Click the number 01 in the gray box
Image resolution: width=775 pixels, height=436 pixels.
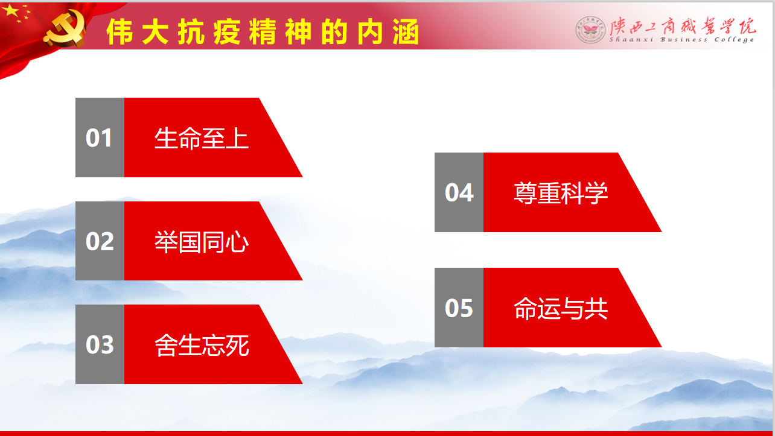[x=98, y=138]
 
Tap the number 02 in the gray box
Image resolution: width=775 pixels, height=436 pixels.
[x=100, y=241]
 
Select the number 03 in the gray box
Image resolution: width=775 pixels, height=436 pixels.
[x=100, y=344]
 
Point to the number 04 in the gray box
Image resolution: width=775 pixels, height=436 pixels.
[x=459, y=192]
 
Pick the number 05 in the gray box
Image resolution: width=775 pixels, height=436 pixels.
[x=459, y=308]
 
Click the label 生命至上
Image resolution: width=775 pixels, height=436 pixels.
[x=202, y=138]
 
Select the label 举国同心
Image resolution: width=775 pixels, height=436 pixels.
[x=202, y=242]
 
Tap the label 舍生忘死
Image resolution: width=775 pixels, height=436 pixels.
[x=202, y=345]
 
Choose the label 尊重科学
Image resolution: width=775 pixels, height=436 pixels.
[x=561, y=192]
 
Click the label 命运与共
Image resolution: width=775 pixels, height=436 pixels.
[x=561, y=308]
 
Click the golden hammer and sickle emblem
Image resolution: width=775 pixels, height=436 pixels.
[x=65, y=29]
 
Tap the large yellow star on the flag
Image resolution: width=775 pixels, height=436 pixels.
[x=11, y=10]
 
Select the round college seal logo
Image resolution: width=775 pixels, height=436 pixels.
[x=590, y=30]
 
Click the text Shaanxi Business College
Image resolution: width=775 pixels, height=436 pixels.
[x=681, y=39]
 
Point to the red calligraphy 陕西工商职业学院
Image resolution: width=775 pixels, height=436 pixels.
[x=683, y=25]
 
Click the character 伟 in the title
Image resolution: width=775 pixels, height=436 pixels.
[x=120, y=32]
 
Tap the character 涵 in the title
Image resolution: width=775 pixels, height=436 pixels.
[x=406, y=32]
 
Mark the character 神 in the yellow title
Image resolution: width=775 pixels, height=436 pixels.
[x=299, y=32]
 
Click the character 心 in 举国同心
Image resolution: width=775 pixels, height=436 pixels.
[x=237, y=242]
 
